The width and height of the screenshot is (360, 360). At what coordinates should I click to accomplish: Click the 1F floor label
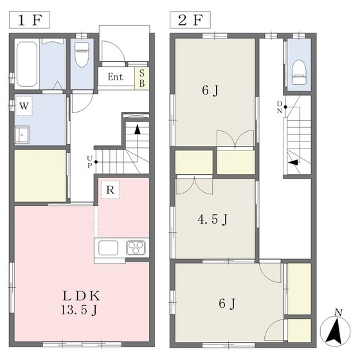click(30, 20)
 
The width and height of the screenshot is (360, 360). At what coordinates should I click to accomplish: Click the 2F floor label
click(190, 20)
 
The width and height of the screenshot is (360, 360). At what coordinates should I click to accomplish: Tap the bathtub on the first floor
click(27, 64)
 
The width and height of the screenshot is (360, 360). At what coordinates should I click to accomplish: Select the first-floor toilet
click(82, 55)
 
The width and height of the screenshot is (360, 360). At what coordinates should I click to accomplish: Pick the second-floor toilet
click(299, 73)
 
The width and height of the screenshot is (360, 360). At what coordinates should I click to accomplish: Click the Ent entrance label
click(116, 77)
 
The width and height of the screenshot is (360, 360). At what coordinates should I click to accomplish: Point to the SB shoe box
click(142, 78)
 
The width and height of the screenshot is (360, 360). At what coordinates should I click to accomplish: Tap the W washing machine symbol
click(24, 106)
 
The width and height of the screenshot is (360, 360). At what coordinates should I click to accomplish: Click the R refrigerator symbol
click(110, 190)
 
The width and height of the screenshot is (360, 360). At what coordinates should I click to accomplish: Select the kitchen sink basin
click(109, 248)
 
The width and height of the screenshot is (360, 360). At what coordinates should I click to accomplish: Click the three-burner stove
click(136, 248)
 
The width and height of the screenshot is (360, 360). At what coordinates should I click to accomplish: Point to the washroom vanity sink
click(22, 135)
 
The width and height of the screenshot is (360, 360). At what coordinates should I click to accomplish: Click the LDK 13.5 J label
click(80, 303)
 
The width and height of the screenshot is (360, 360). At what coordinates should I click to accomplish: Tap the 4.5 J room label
click(212, 219)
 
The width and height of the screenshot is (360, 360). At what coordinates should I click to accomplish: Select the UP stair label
click(89, 162)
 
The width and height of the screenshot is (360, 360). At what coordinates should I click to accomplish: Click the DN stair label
click(280, 107)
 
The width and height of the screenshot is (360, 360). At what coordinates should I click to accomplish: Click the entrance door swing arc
click(117, 48)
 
